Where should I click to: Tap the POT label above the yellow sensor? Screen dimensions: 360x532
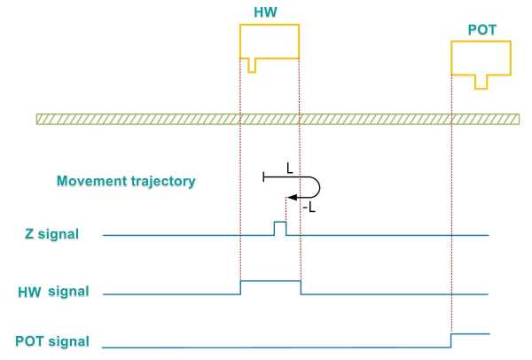[x=481, y=30]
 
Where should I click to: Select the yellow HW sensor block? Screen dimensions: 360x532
[x=270, y=41]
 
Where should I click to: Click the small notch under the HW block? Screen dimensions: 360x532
[x=252, y=66]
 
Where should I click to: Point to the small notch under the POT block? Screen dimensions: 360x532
[x=481, y=82]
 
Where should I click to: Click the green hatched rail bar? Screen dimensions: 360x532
[x=276, y=119]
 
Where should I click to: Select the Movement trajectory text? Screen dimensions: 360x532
[x=125, y=181]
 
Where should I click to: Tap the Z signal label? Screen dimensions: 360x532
[x=51, y=234]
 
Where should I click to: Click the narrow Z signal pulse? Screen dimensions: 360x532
[x=279, y=228]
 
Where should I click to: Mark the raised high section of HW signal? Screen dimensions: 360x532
[x=270, y=281]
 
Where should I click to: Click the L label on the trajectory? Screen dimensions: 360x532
[x=288, y=166]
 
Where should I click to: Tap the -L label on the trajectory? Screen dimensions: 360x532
[x=309, y=206]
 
